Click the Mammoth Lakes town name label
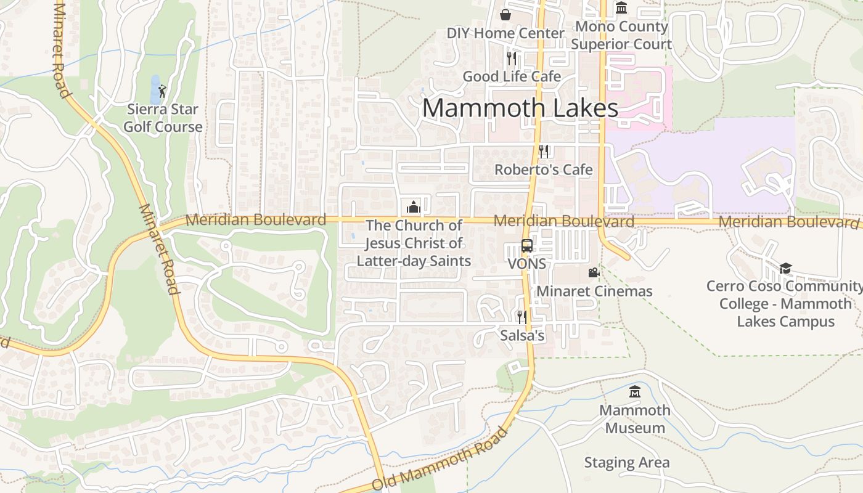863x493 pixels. [x=520, y=108]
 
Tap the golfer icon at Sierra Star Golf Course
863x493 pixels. [x=162, y=91]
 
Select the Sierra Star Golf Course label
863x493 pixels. [x=163, y=118]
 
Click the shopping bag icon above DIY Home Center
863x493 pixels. [x=505, y=14]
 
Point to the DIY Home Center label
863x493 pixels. [x=505, y=33]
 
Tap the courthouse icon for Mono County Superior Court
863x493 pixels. [x=621, y=8]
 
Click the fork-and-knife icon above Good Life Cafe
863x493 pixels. [x=511, y=58]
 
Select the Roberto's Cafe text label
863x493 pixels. [x=544, y=169]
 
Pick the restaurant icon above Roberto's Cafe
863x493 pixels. [x=544, y=151]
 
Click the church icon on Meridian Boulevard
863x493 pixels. [x=414, y=206]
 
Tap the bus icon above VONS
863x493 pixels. [x=527, y=245]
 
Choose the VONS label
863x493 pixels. [x=527, y=264]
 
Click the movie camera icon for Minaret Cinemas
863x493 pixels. [x=594, y=272]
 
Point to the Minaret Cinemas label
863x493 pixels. [x=594, y=291]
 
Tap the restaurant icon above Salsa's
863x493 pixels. [x=521, y=317]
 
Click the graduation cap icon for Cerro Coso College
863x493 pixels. [x=785, y=267]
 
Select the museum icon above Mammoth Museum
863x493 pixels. [x=635, y=391]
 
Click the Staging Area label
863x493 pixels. [x=626, y=462]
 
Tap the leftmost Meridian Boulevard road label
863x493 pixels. [x=256, y=219]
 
